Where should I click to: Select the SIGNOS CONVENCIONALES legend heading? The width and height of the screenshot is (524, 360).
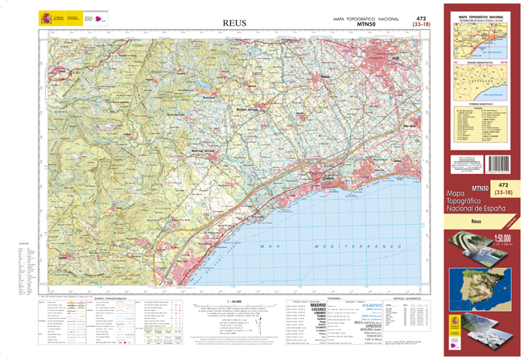click(x=112, y=299)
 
